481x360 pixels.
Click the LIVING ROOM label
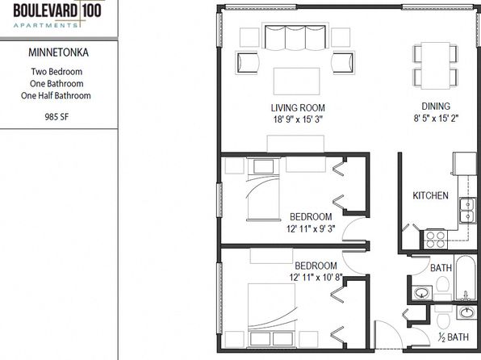coord(298,107)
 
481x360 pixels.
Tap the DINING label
coord(436,107)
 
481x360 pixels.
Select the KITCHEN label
coord(430,195)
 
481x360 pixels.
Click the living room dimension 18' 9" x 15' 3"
coord(298,119)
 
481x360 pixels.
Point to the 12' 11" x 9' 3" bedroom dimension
coord(311,228)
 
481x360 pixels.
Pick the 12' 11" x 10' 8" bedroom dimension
coord(316,278)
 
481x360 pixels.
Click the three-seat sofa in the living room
coord(295,37)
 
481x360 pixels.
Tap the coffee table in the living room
coord(296,82)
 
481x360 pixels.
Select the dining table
coord(435,65)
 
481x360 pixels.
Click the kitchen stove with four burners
coord(435,240)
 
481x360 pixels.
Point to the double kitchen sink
coord(467,210)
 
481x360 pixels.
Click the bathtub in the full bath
coord(466,278)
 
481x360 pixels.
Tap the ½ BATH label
coord(454,337)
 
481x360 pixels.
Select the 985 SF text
coord(56,116)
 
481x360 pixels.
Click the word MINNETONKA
coord(59,52)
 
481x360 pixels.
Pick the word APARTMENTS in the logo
coord(46,26)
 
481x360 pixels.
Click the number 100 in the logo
coord(91,10)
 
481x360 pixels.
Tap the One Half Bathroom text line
coord(56,95)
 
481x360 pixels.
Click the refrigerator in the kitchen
coord(464,164)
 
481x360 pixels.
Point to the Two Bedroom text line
coord(56,72)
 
